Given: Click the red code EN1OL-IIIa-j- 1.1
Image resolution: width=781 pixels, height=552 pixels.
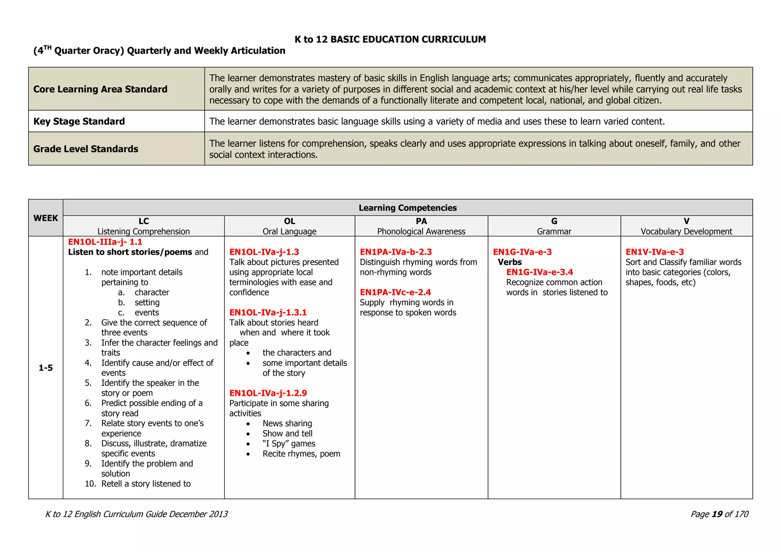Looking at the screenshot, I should tap(105, 242).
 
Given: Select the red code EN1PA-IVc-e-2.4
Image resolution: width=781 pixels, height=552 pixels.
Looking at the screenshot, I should tap(395, 292).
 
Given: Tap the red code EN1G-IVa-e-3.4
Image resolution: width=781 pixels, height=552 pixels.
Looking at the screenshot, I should tap(539, 272).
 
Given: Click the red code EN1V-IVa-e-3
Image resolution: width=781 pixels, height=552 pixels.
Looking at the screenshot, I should tap(654, 252).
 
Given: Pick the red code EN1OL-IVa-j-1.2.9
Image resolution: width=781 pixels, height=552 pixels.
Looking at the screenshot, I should tap(268, 393).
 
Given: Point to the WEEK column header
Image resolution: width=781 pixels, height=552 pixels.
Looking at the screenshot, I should tap(45, 218).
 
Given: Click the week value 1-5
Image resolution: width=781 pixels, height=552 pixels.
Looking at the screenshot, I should tap(45, 368).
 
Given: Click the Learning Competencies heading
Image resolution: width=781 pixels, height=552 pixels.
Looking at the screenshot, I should tap(407, 208).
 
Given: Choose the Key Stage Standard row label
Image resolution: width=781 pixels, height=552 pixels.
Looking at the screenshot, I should tap(79, 121).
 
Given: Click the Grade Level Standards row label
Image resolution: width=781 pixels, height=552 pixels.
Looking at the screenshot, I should tap(85, 149).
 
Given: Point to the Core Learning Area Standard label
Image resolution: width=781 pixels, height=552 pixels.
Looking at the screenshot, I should tap(100, 89).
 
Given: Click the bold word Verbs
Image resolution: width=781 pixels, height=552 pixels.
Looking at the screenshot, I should tap(509, 262).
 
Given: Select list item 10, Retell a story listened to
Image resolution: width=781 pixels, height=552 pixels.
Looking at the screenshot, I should tap(146, 484).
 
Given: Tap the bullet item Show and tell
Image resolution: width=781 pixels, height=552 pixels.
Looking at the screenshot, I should tap(287, 433).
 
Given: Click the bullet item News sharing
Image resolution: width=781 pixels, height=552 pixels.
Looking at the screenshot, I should tap(287, 424).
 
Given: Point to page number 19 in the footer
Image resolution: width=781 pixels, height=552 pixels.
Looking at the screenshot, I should tap(717, 514).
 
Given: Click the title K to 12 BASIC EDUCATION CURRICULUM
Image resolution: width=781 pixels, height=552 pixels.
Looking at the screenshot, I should tap(390, 40).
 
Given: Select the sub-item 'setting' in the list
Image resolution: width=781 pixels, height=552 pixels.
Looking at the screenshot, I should tap(147, 303).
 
